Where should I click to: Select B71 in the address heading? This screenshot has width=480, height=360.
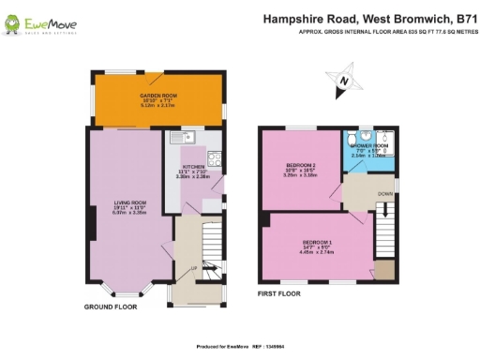coord(464,17)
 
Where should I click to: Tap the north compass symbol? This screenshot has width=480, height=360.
coord(343,82)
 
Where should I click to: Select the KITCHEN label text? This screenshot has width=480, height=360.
coord(193,166)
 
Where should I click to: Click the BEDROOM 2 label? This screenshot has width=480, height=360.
coord(300,164)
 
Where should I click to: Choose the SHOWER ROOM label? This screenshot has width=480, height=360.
coord(368,146)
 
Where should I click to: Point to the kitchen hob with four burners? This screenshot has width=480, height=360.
coord(215,158)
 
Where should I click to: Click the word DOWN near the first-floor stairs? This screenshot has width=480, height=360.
coord(385,194)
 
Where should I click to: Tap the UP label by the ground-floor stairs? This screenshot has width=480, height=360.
coord(193,268)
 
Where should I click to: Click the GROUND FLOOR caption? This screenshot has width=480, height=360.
coord(111,307)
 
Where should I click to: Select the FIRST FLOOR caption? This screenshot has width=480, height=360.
coord(279,293)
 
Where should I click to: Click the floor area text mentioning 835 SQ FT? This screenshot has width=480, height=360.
coord(384,31)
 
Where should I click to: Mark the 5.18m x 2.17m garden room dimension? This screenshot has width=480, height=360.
coord(157,106)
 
